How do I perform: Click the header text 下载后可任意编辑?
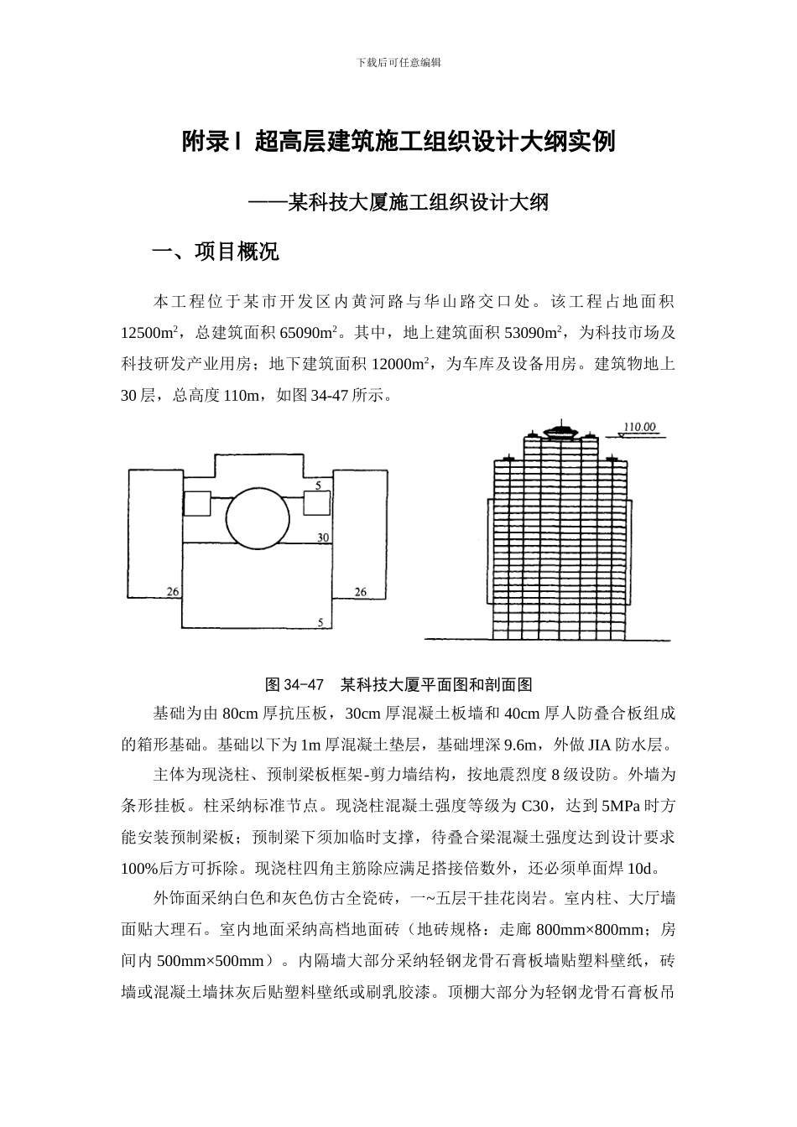(x=398, y=62)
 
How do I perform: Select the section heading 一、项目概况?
(x=215, y=252)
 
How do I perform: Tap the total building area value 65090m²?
(x=309, y=333)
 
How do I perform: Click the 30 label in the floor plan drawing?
(x=323, y=538)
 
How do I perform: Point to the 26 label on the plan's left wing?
(x=173, y=592)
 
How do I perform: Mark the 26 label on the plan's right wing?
(x=360, y=592)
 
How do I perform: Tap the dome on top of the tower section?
(x=561, y=430)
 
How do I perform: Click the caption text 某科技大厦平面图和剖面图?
(x=436, y=684)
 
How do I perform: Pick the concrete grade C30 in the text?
(x=534, y=807)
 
